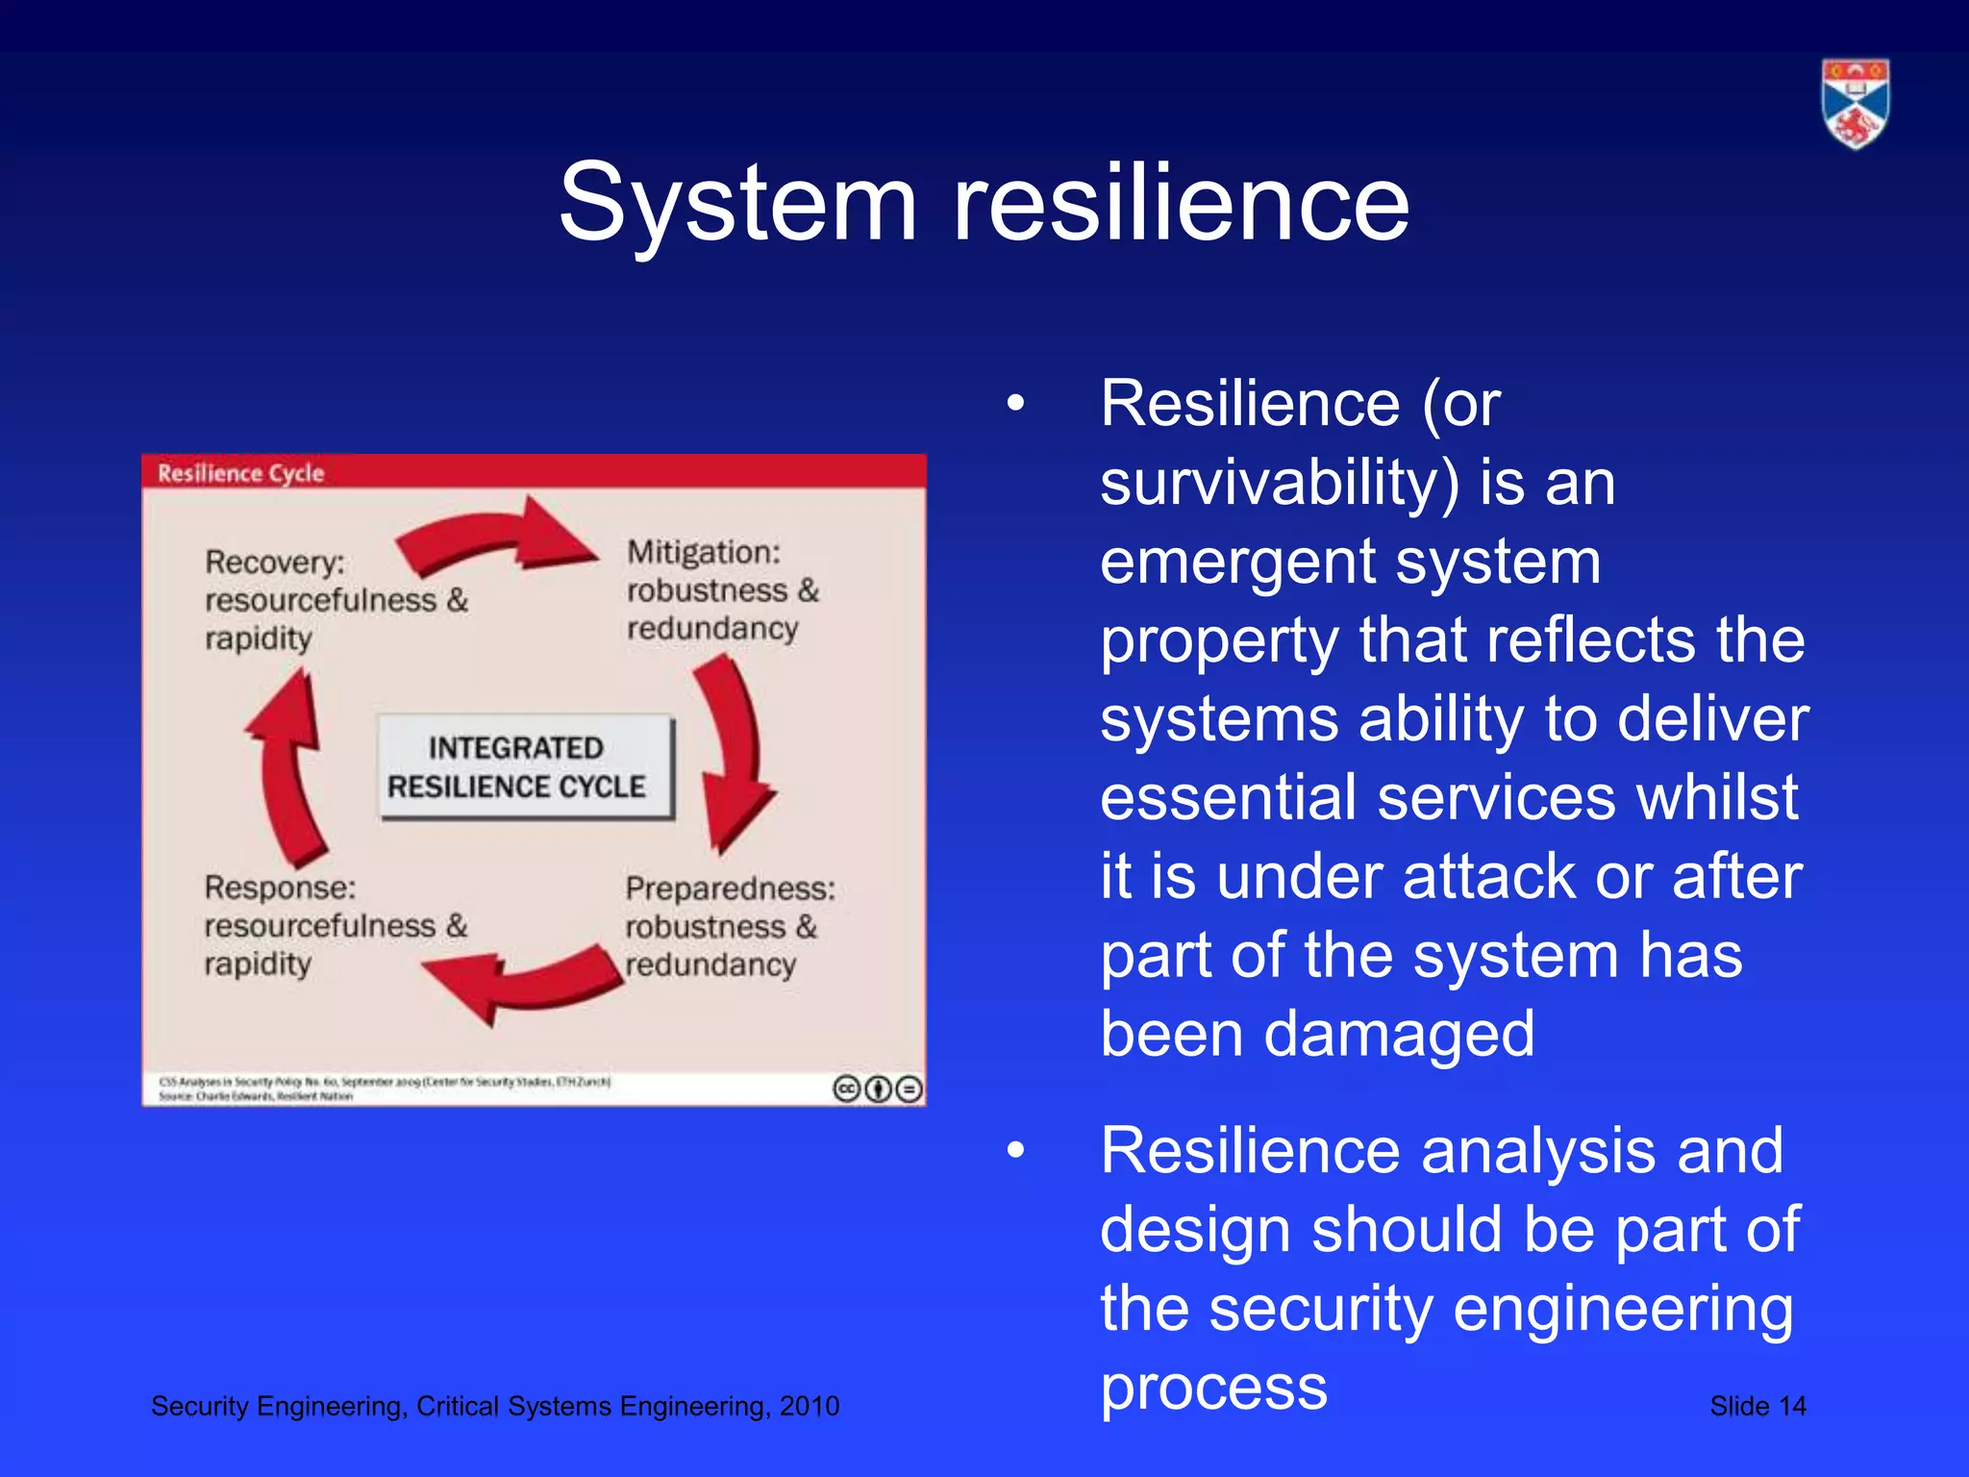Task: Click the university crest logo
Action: pyautogui.click(x=1855, y=104)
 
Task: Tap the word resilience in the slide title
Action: pyautogui.click(x=1180, y=203)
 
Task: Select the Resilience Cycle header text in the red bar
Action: pyautogui.click(x=240, y=473)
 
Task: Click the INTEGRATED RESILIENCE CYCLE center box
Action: pyautogui.click(x=526, y=767)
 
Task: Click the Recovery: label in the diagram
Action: pyautogui.click(x=275, y=563)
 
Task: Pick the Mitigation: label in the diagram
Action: pyautogui.click(x=704, y=552)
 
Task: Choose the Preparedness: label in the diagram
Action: pyautogui.click(x=730, y=889)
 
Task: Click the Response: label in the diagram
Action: pyautogui.click(x=280, y=888)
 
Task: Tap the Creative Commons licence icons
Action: pyautogui.click(x=877, y=1089)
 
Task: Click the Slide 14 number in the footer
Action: pyautogui.click(x=1757, y=1406)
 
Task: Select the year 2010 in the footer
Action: pyautogui.click(x=810, y=1406)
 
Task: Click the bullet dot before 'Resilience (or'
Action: pyautogui.click(x=1016, y=404)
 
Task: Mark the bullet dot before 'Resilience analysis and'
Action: pyautogui.click(x=1016, y=1151)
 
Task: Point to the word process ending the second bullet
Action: pyautogui.click(x=1213, y=1387)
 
